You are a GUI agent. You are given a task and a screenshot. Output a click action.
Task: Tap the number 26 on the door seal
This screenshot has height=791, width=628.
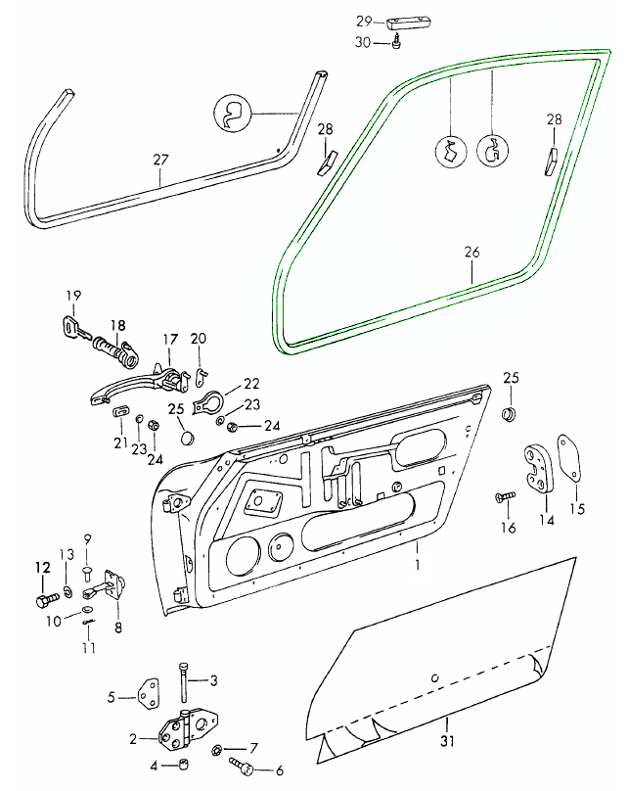pos(471,253)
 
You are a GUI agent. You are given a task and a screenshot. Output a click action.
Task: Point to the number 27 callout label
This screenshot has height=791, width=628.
pos(161,159)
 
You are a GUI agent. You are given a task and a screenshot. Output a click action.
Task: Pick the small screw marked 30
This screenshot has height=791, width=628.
pos(399,43)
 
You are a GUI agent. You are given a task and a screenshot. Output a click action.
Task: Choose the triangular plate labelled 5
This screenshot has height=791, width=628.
pos(151,695)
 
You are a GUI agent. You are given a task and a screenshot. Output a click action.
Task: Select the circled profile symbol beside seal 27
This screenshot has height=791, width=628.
pos(232,114)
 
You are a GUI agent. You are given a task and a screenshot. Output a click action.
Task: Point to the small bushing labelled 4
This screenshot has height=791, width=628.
pos(182,765)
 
